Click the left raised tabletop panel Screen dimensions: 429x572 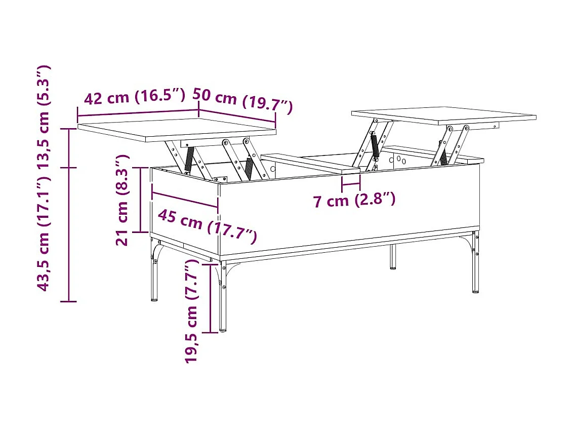point(177,130)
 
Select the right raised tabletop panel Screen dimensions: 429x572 point(443,115)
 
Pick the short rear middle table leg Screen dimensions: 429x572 point(392,257)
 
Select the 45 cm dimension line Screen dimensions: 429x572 point(185,200)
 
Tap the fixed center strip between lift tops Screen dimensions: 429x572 point(310,164)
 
